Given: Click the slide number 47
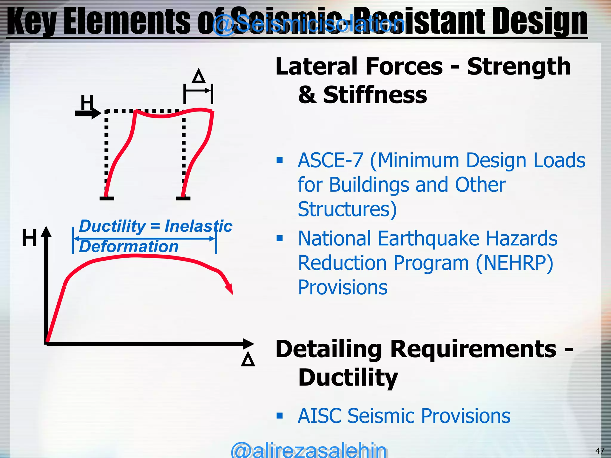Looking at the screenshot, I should tap(600, 451).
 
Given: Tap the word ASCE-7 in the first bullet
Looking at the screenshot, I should tap(330, 160).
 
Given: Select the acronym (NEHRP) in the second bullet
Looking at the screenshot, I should tap(514, 263).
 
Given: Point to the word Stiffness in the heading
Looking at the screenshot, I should tap(375, 95).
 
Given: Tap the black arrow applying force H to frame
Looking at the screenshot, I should tap(88, 113).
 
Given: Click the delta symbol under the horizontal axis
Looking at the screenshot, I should tap(248, 359).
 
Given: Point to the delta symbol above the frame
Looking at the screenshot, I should tap(199, 76).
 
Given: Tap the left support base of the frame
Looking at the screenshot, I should tap(107, 198).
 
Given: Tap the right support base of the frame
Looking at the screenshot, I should tap(183, 198).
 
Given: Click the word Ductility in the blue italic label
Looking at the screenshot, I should tap(112, 226).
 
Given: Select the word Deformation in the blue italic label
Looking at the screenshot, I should tap(129, 247).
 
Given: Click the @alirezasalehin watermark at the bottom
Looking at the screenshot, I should tap(308, 450).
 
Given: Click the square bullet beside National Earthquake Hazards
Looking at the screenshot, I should tap(280, 238).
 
